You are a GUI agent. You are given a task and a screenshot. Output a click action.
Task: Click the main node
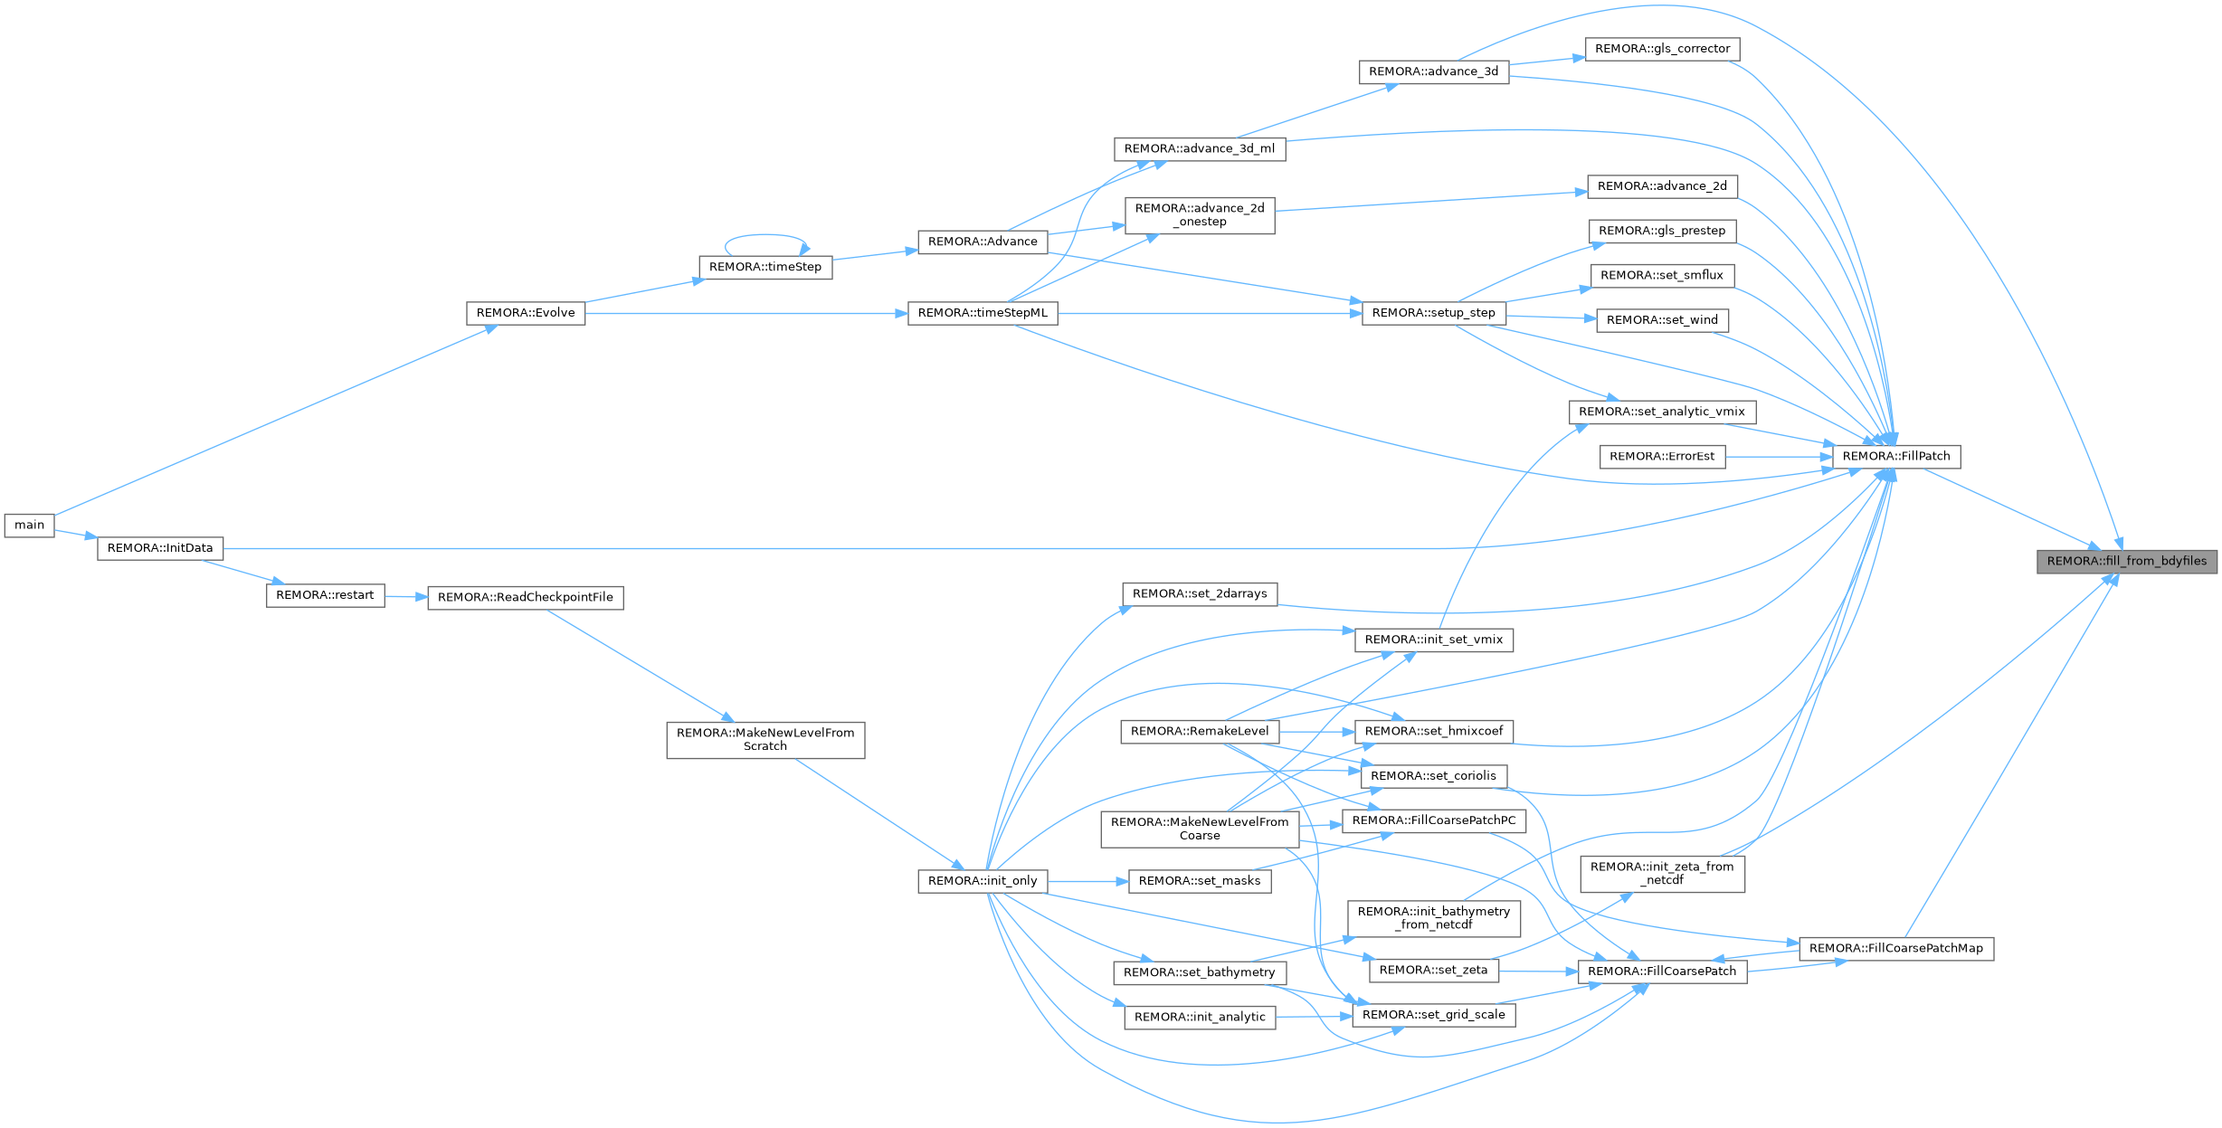tap(29, 525)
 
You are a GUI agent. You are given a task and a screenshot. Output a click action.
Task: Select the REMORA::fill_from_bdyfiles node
tap(2126, 561)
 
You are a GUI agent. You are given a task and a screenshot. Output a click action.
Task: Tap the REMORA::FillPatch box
tap(1895, 456)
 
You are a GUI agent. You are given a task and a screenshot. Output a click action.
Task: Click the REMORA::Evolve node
tap(525, 313)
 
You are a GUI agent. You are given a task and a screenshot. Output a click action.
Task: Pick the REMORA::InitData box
tap(160, 548)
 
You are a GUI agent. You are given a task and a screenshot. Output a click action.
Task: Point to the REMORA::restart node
tap(325, 595)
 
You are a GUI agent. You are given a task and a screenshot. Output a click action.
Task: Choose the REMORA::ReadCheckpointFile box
tap(525, 597)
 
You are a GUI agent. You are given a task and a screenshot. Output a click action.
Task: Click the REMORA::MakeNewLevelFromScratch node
tap(765, 739)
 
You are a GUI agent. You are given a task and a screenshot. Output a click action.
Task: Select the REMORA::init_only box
tap(983, 881)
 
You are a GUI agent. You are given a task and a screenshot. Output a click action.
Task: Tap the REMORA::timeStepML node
tap(983, 313)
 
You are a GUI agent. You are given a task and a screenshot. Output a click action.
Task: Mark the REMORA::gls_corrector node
tap(1662, 49)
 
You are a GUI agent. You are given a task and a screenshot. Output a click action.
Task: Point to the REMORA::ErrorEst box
tap(1661, 457)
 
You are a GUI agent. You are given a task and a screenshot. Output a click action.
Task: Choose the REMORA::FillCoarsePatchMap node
tap(1895, 949)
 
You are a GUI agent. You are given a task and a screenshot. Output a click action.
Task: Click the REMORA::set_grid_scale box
tap(1433, 1015)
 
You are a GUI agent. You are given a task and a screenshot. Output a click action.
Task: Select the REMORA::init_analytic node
tap(1200, 1017)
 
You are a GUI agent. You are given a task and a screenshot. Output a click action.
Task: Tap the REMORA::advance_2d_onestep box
tap(1200, 215)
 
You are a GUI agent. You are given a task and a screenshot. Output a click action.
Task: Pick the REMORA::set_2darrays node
tap(1200, 594)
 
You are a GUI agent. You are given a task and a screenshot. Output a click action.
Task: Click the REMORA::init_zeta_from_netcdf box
tap(1662, 873)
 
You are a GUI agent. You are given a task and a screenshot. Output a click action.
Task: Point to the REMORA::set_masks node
tap(1199, 881)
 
